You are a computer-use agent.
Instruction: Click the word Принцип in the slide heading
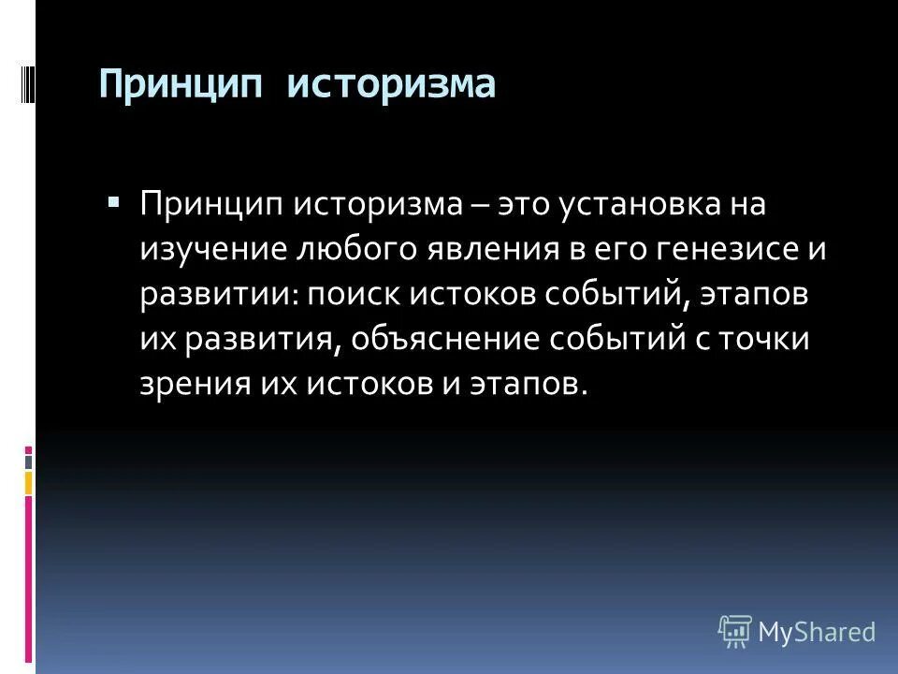[x=182, y=85]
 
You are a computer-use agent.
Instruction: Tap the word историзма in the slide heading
[x=390, y=85]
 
